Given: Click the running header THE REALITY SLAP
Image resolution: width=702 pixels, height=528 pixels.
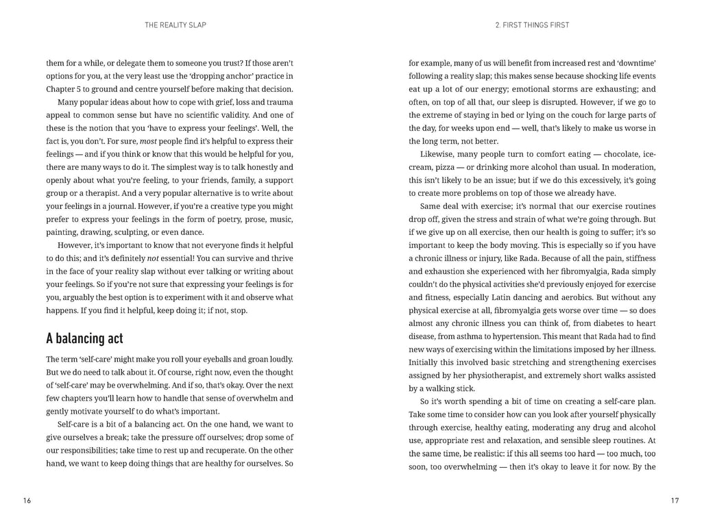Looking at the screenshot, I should point(175,25).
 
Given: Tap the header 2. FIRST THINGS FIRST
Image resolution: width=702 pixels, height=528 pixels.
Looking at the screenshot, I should point(532,25).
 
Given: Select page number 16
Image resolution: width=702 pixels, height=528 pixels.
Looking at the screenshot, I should point(27,501).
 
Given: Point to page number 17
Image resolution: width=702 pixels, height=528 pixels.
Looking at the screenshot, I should point(675,501).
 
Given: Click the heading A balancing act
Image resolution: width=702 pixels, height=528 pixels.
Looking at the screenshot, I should point(84,338).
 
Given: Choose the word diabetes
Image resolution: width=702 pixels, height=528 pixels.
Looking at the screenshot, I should point(605,323).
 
